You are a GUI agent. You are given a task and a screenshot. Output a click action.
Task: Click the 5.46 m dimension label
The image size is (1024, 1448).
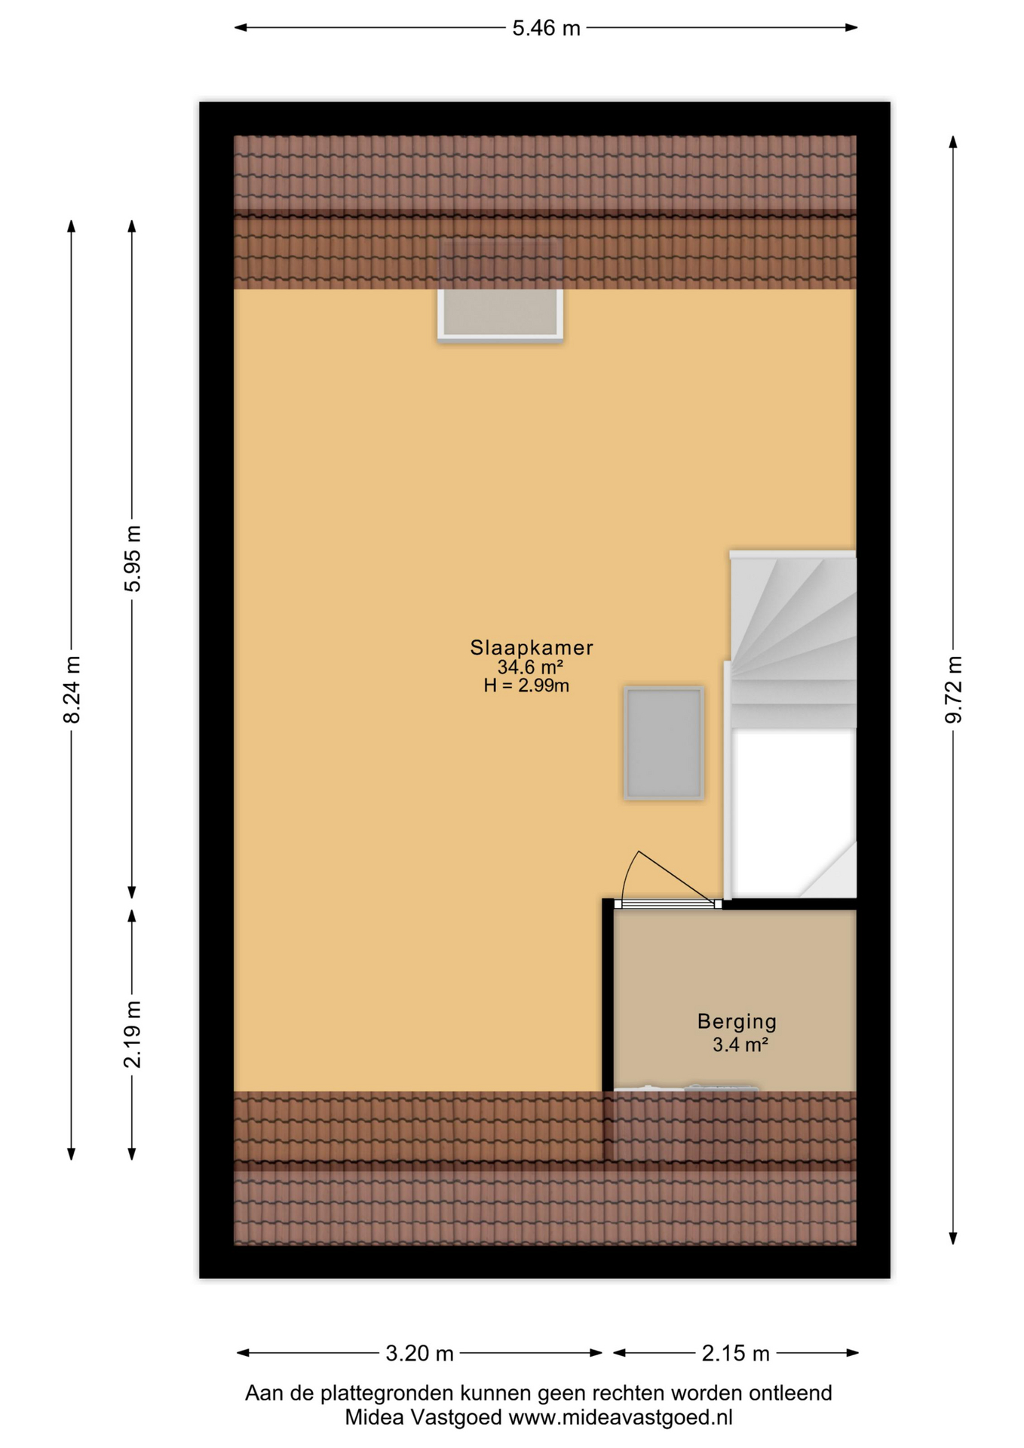click(x=546, y=28)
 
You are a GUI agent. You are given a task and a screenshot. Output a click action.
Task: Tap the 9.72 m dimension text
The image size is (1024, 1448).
click(x=954, y=689)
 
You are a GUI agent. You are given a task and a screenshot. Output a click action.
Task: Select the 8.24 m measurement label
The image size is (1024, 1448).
click(x=72, y=689)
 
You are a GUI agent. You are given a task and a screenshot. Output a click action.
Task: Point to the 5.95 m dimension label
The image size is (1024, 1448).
click(x=132, y=558)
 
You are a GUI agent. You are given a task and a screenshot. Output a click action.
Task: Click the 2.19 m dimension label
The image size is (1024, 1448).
click(x=132, y=1035)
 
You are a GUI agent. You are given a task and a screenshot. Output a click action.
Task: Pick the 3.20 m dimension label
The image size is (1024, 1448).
click(x=419, y=1353)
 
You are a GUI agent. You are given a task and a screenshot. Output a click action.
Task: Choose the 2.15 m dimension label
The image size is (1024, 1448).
click(x=735, y=1353)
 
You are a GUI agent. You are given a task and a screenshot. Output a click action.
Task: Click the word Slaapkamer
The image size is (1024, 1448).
click(x=532, y=647)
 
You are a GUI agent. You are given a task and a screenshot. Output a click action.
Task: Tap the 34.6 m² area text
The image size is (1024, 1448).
click(x=530, y=667)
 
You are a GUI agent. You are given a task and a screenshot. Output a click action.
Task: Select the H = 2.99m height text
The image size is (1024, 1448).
click(x=526, y=686)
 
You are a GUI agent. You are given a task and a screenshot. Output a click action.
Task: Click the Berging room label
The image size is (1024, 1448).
click(x=737, y=1022)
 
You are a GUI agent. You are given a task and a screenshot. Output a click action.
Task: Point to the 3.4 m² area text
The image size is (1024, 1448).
click(x=740, y=1045)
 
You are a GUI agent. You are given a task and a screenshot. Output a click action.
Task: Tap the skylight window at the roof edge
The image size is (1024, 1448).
click(x=501, y=314)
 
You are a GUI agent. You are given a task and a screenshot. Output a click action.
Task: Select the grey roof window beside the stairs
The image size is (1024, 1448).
click(x=664, y=743)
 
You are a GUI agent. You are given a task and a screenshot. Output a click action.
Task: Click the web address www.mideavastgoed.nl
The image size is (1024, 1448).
click(x=621, y=1417)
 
